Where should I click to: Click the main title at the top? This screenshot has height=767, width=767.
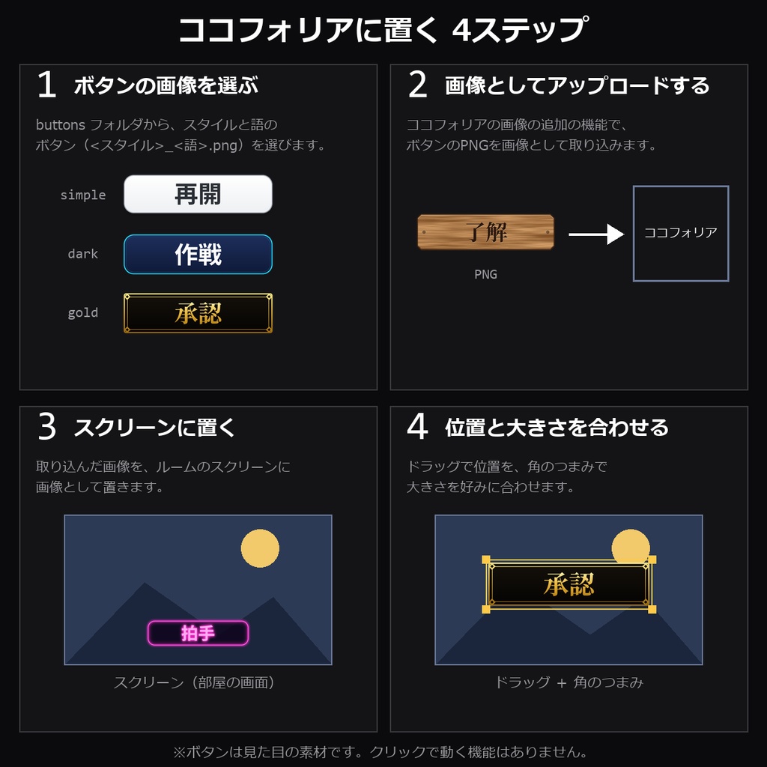pyautogui.click(x=383, y=29)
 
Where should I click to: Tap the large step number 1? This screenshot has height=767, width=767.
pyautogui.click(x=47, y=85)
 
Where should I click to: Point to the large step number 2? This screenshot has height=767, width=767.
pyautogui.click(x=418, y=85)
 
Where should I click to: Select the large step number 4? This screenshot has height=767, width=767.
pyautogui.click(x=417, y=426)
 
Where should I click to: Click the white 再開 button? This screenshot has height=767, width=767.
pyautogui.click(x=198, y=194)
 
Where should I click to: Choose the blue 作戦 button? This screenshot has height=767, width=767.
pyautogui.click(x=198, y=255)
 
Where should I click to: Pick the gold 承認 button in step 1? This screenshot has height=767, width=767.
pyautogui.click(x=198, y=313)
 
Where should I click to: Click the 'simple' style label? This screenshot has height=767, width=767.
pyautogui.click(x=83, y=195)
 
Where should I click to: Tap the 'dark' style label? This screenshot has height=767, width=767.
pyautogui.click(x=83, y=254)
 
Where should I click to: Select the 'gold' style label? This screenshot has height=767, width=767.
pyautogui.click(x=83, y=313)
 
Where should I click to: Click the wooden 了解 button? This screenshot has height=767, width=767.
pyautogui.click(x=485, y=232)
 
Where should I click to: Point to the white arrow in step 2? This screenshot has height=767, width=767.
pyautogui.click(x=596, y=234)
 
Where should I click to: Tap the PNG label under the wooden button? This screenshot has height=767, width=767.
pyautogui.click(x=485, y=274)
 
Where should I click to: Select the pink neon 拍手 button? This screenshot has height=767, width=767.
pyautogui.click(x=198, y=633)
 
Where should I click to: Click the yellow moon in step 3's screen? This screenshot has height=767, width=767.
pyautogui.click(x=260, y=548)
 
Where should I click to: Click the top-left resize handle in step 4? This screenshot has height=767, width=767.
pyautogui.click(x=486, y=560)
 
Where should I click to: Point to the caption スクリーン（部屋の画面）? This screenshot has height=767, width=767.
pyautogui.click(x=194, y=682)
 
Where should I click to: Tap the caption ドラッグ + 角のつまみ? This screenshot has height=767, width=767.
pyautogui.click(x=569, y=682)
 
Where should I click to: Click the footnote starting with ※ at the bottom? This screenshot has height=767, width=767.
pyautogui.click(x=380, y=752)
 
